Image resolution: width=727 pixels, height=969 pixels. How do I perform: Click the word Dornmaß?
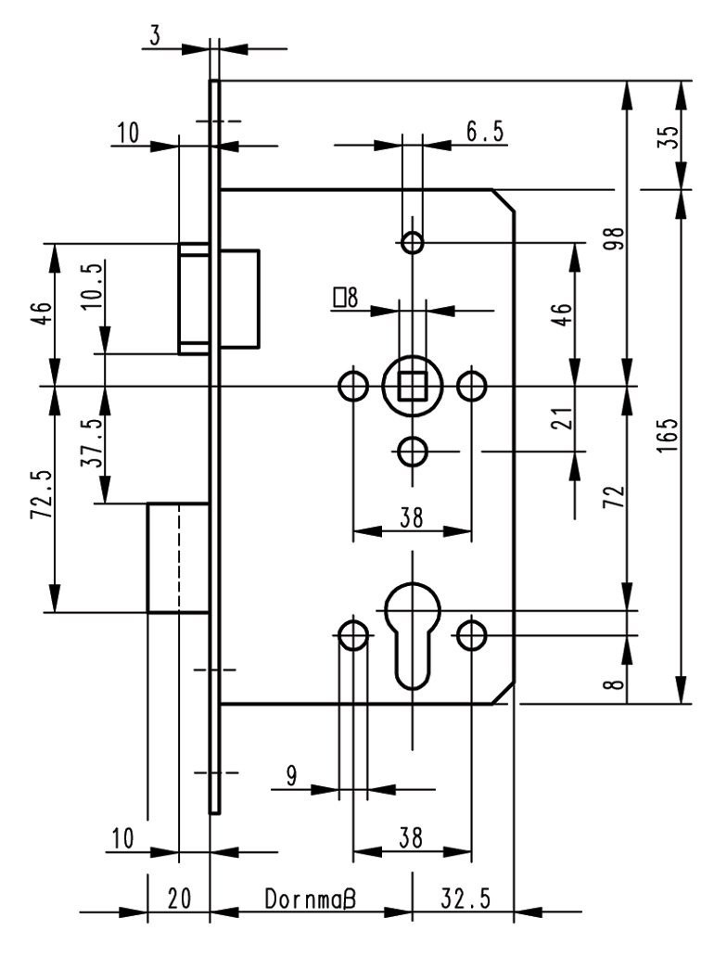coord(311,899)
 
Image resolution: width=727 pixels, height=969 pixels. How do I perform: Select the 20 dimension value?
coord(178,899)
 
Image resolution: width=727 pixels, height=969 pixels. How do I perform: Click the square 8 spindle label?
coord(345,298)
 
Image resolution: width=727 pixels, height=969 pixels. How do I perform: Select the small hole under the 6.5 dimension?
coord(413,244)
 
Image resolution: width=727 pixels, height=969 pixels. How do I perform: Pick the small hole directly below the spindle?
coord(413,452)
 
